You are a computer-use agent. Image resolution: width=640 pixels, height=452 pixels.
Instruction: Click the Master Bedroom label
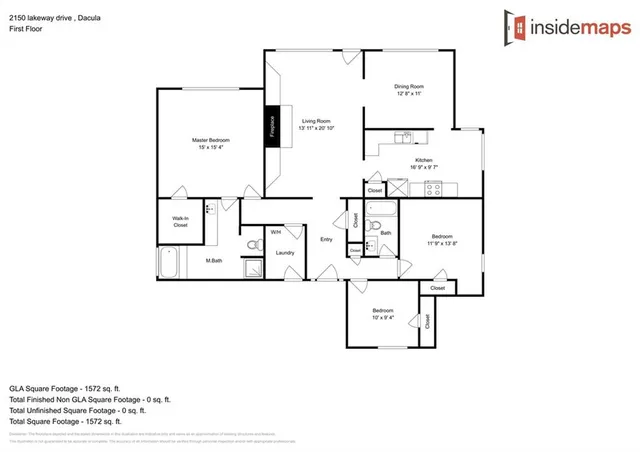pyautogui.click(x=211, y=139)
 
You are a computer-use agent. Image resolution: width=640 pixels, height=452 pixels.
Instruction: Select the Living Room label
pyautogui.click(x=316, y=121)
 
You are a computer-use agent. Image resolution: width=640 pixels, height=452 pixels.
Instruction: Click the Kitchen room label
pyautogui.click(x=424, y=160)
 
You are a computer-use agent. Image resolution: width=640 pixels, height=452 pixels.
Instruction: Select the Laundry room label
pyautogui.click(x=284, y=252)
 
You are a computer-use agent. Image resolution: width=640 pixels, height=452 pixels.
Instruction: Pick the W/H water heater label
pyautogui.click(x=276, y=232)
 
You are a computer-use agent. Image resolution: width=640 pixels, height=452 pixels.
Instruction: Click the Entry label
pyautogui.click(x=326, y=239)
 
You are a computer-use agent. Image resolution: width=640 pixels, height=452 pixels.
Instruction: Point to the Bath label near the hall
pyautogui.click(x=385, y=233)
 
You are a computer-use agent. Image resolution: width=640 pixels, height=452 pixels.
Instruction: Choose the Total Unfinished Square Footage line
pyautogui.click(x=77, y=409)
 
